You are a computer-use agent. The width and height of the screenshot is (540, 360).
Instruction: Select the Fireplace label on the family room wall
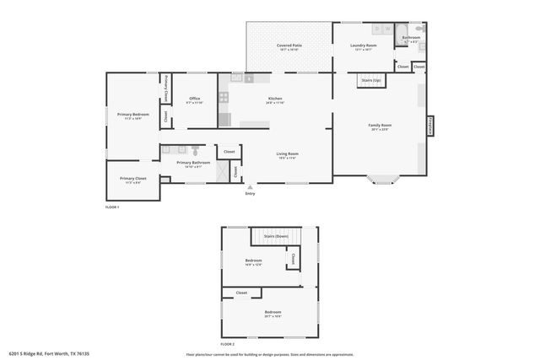point(430,125)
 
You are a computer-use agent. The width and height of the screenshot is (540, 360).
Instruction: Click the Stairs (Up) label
point(371,80)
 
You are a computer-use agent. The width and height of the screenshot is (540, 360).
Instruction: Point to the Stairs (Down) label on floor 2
point(276,236)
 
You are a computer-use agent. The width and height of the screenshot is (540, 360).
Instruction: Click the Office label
point(194,99)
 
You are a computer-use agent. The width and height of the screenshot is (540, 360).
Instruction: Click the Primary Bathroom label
point(193,163)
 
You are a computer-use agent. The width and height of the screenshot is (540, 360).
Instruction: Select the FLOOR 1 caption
point(112,207)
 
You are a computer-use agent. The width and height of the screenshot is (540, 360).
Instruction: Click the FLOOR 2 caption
point(228,344)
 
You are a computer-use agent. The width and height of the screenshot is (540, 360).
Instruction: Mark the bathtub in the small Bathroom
point(411,28)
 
